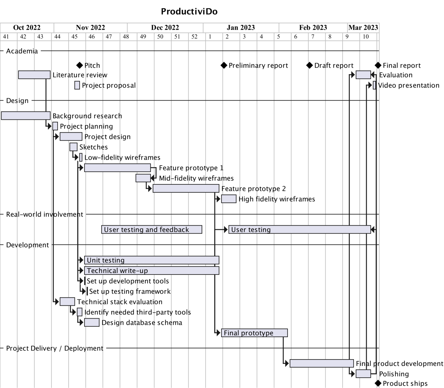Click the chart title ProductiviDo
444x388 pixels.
click(x=189, y=11)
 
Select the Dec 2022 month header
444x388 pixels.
click(x=165, y=28)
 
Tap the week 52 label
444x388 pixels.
click(x=194, y=37)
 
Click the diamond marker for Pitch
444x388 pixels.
click(x=80, y=65)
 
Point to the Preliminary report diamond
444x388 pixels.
click(x=224, y=65)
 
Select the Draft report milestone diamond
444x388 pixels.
click(x=310, y=65)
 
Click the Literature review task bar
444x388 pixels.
click(x=34, y=75)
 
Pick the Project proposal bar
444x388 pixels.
click(x=77, y=85)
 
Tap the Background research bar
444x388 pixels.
click(x=26, y=116)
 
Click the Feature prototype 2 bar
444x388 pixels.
click(x=186, y=189)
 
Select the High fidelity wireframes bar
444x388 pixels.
click(x=228, y=199)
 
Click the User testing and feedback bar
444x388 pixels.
click(x=152, y=229)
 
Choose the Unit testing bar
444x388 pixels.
click(x=152, y=260)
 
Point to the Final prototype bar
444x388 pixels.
click(x=254, y=333)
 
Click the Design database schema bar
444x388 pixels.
click(x=92, y=322)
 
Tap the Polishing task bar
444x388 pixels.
click(x=363, y=374)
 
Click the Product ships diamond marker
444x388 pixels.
click(x=378, y=383)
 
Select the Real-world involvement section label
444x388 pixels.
click(x=45, y=214)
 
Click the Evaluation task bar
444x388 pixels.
click(x=363, y=75)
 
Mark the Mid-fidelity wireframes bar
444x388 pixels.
click(x=143, y=178)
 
